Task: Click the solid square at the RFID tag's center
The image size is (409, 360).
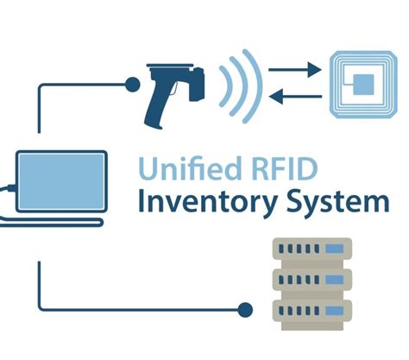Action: click(x=365, y=83)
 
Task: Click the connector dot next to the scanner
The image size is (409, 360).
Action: click(x=131, y=84)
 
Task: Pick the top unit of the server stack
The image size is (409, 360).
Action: click(x=313, y=252)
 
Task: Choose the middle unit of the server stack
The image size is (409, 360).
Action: click(x=313, y=280)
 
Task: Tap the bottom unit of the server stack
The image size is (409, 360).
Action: click(x=313, y=308)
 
